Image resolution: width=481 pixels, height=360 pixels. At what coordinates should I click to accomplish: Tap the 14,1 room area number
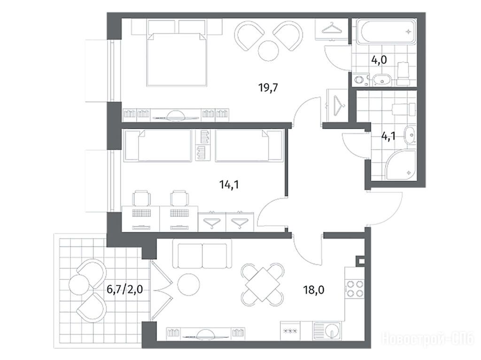point(229,184)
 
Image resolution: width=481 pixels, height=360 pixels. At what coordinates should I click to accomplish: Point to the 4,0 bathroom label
point(379,60)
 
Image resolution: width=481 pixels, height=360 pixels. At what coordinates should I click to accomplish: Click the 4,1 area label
point(388,136)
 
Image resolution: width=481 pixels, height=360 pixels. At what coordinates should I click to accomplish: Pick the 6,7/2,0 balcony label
point(124,289)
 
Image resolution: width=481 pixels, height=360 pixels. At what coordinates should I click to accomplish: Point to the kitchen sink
point(327,331)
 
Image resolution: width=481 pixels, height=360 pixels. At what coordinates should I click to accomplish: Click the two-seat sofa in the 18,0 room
point(202,254)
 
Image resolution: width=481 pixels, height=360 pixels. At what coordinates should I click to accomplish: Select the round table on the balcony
point(80,285)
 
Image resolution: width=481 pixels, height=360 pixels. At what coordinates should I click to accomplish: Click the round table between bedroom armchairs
point(269,51)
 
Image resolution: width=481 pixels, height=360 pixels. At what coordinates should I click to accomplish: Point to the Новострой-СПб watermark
point(428,338)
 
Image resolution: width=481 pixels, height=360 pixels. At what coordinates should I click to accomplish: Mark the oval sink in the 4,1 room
point(409,134)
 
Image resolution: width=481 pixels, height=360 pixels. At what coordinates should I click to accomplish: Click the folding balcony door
point(162,290)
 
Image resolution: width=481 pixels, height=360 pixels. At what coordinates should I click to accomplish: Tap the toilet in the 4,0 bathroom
point(403,74)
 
